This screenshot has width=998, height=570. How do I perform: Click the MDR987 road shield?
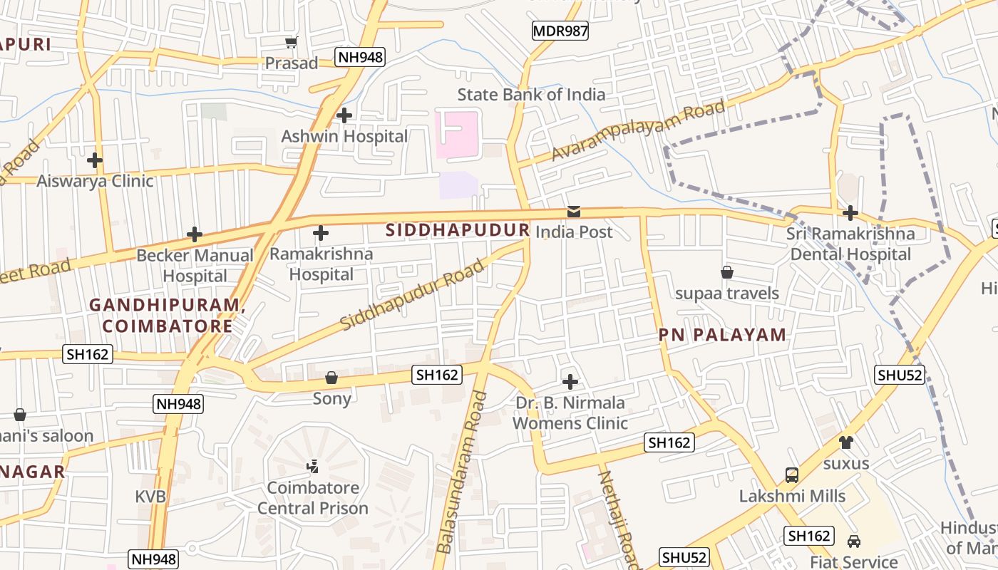click(x=560, y=31)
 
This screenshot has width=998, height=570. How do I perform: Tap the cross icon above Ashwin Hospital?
click(x=344, y=115)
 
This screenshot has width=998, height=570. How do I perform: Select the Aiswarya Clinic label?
click(x=95, y=181)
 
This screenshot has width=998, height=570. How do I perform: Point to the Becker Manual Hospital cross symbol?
click(x=194, y=234)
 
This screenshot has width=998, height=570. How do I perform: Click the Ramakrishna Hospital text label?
click(x=321, y=264)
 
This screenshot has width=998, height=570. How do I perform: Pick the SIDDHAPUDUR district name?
click(x=458, y=230)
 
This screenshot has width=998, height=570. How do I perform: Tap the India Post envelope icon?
click(x=573, y=212)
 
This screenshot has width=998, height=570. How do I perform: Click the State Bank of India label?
click(x=531, y=94)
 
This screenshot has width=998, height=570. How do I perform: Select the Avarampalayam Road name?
click(x=639, y=131)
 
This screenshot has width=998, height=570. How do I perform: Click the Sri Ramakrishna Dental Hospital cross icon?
click(x=850, y=213)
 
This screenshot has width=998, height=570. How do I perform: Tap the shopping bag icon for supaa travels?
click(x=727, y=272)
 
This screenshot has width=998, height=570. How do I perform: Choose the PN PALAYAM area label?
click(x=722, y=335)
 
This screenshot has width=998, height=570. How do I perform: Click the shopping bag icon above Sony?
click(x=331, y=378)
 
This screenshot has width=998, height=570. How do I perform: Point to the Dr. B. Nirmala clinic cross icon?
click(x=570, y=381)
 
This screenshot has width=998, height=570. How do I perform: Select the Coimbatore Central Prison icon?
click(x=312, y=467)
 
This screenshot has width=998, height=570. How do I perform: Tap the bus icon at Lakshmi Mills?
click(x=791, y=475)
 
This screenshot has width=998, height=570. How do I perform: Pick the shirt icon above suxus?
click(x=846, y=442)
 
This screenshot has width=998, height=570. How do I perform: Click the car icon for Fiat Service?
click(x=853, y=541)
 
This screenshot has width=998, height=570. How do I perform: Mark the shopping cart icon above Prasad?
click(x=291, y=43)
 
